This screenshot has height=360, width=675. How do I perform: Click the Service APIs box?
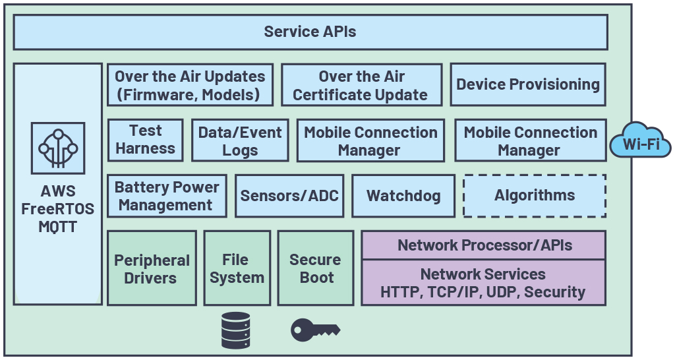[310, 32]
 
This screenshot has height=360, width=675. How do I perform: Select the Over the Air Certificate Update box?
[361, 85]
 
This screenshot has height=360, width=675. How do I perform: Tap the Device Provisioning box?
[528, 84]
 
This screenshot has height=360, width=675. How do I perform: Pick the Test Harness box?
[145, 140]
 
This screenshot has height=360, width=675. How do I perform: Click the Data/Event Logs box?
[240, 140]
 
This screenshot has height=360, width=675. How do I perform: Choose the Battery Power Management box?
[166, 196]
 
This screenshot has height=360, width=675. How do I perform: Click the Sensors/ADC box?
[289, 196]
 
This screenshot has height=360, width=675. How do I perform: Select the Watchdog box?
[403, 196]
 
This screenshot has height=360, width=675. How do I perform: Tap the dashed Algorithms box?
[535, 196]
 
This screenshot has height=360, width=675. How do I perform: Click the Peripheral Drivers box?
[152, 268]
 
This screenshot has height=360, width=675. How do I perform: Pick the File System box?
[237, 268]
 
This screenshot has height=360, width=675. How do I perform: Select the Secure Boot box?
[316, 268]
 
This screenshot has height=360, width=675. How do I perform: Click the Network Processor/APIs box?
[483, 245]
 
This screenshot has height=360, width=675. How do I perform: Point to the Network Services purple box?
[483, 282]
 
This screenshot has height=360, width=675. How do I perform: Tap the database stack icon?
[236, 330]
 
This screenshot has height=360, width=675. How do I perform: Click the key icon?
[315, 329]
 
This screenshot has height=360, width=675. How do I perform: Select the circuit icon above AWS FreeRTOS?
[58, 148]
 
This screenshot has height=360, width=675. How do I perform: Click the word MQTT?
[58, 227]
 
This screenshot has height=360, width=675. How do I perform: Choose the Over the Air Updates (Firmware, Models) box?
[190, 85]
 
